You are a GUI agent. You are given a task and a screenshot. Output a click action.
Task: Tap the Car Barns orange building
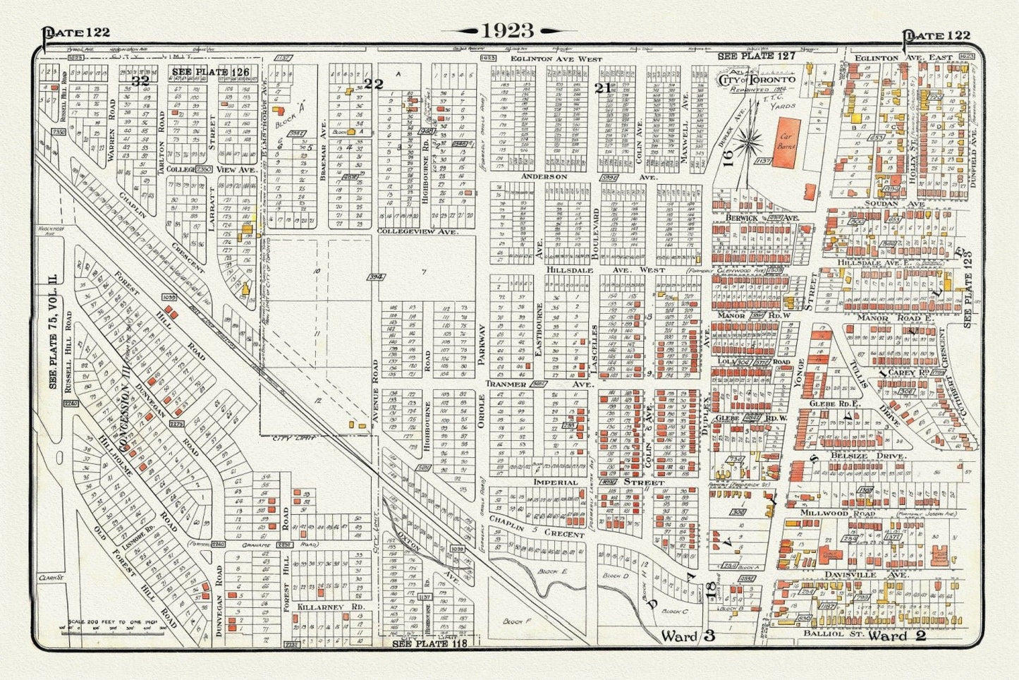[792, 145]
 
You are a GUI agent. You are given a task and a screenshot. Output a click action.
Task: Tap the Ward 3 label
[688, 636]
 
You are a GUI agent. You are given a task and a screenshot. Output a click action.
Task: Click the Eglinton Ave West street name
[557, 59]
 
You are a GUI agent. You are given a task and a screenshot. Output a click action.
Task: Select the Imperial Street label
[599, 482]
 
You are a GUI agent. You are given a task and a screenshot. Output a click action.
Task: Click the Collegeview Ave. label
[418, 231]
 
